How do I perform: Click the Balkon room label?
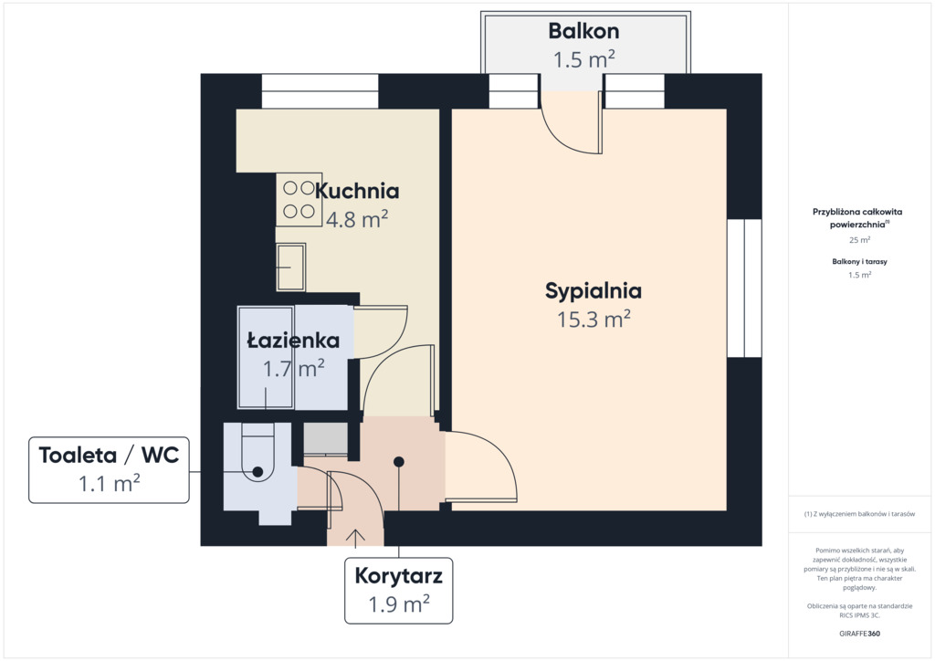[583, 31]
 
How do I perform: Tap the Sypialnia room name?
[594, 291]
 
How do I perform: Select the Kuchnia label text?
[357, 191]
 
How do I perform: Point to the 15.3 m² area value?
[594, 320]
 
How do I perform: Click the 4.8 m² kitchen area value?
[357, 219]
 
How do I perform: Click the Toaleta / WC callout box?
[110, 469]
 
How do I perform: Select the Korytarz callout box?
[398, 591]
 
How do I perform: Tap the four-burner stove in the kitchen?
[299, 200]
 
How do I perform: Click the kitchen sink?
[291, 267]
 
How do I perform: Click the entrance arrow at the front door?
[355, 538]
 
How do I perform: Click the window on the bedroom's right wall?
[744, 288]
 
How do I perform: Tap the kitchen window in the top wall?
[320, 91]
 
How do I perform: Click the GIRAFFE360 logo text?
[859, 634]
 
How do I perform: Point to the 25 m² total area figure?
[860, 239]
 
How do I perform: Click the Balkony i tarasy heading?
[859, 262]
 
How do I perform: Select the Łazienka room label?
[293, 341]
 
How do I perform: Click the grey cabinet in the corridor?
[326, 439]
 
